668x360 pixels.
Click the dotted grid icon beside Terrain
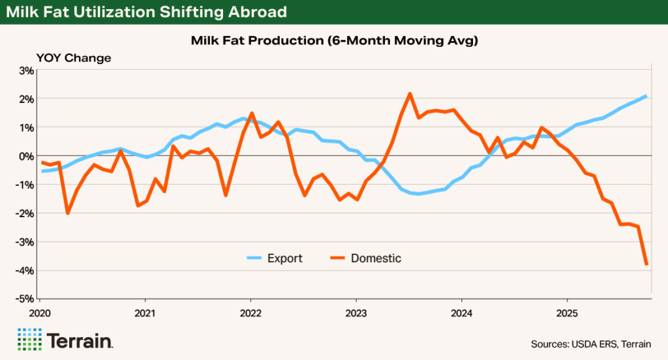pyautogui.click(x=29, y=340)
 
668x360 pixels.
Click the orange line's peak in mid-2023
pyautogui.click(x=410, y=93)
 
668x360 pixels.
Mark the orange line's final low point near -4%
pyautogui.click(x=646, y=264)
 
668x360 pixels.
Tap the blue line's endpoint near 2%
pyautogui.click(x=646, y=96)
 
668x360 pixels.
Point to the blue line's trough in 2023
pyautogui.click(x=418, y=194)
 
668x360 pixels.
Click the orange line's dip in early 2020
pyautogui.click(x=67, y=213)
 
